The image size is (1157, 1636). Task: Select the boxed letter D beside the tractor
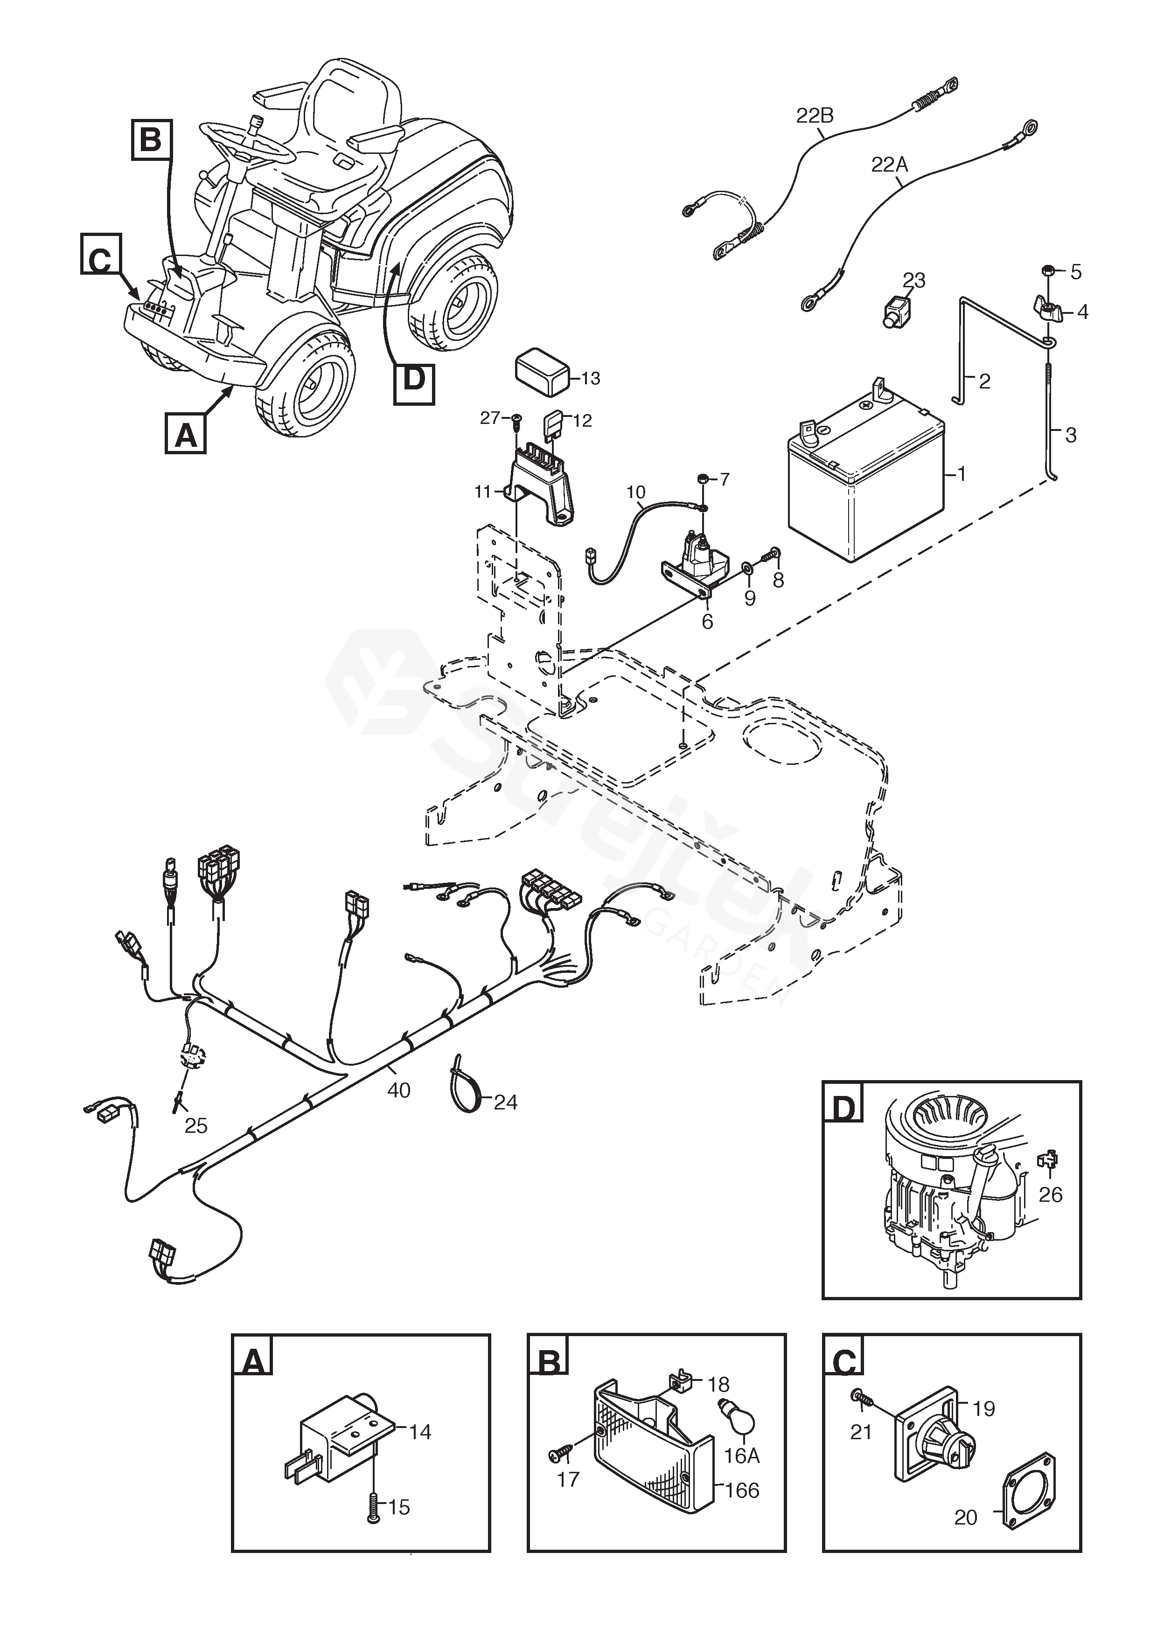[413, 378]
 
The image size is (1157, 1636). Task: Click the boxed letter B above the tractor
[150, 139]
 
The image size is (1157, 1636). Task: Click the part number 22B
[815, 116]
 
